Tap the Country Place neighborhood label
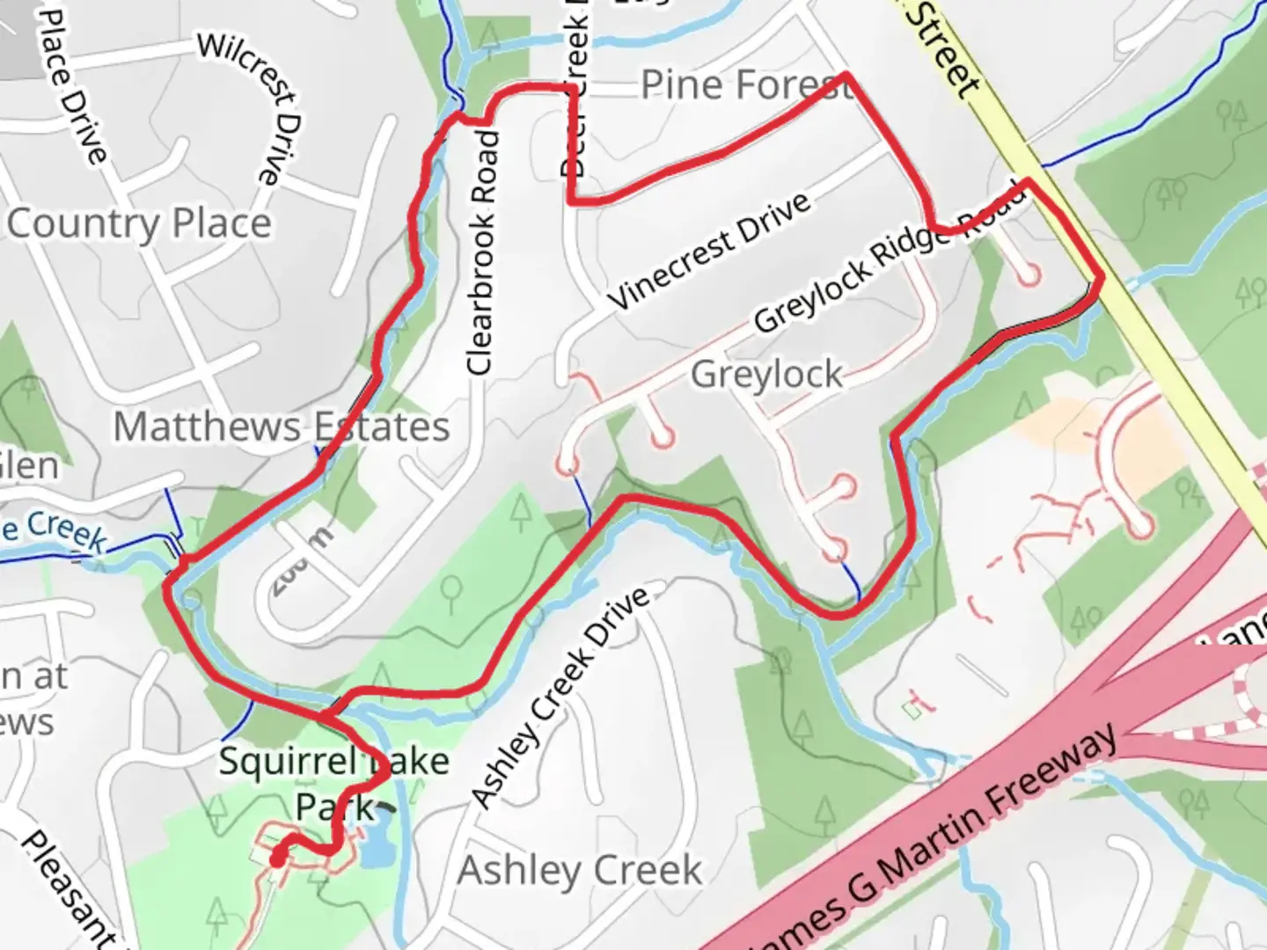coord(139,223)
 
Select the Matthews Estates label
coord(282,427)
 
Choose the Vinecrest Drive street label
coord(709,250)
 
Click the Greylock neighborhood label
coord(766,375)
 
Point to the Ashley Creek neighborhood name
coord(580,871)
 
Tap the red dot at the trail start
coord(278,859)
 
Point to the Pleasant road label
coord(66,888)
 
